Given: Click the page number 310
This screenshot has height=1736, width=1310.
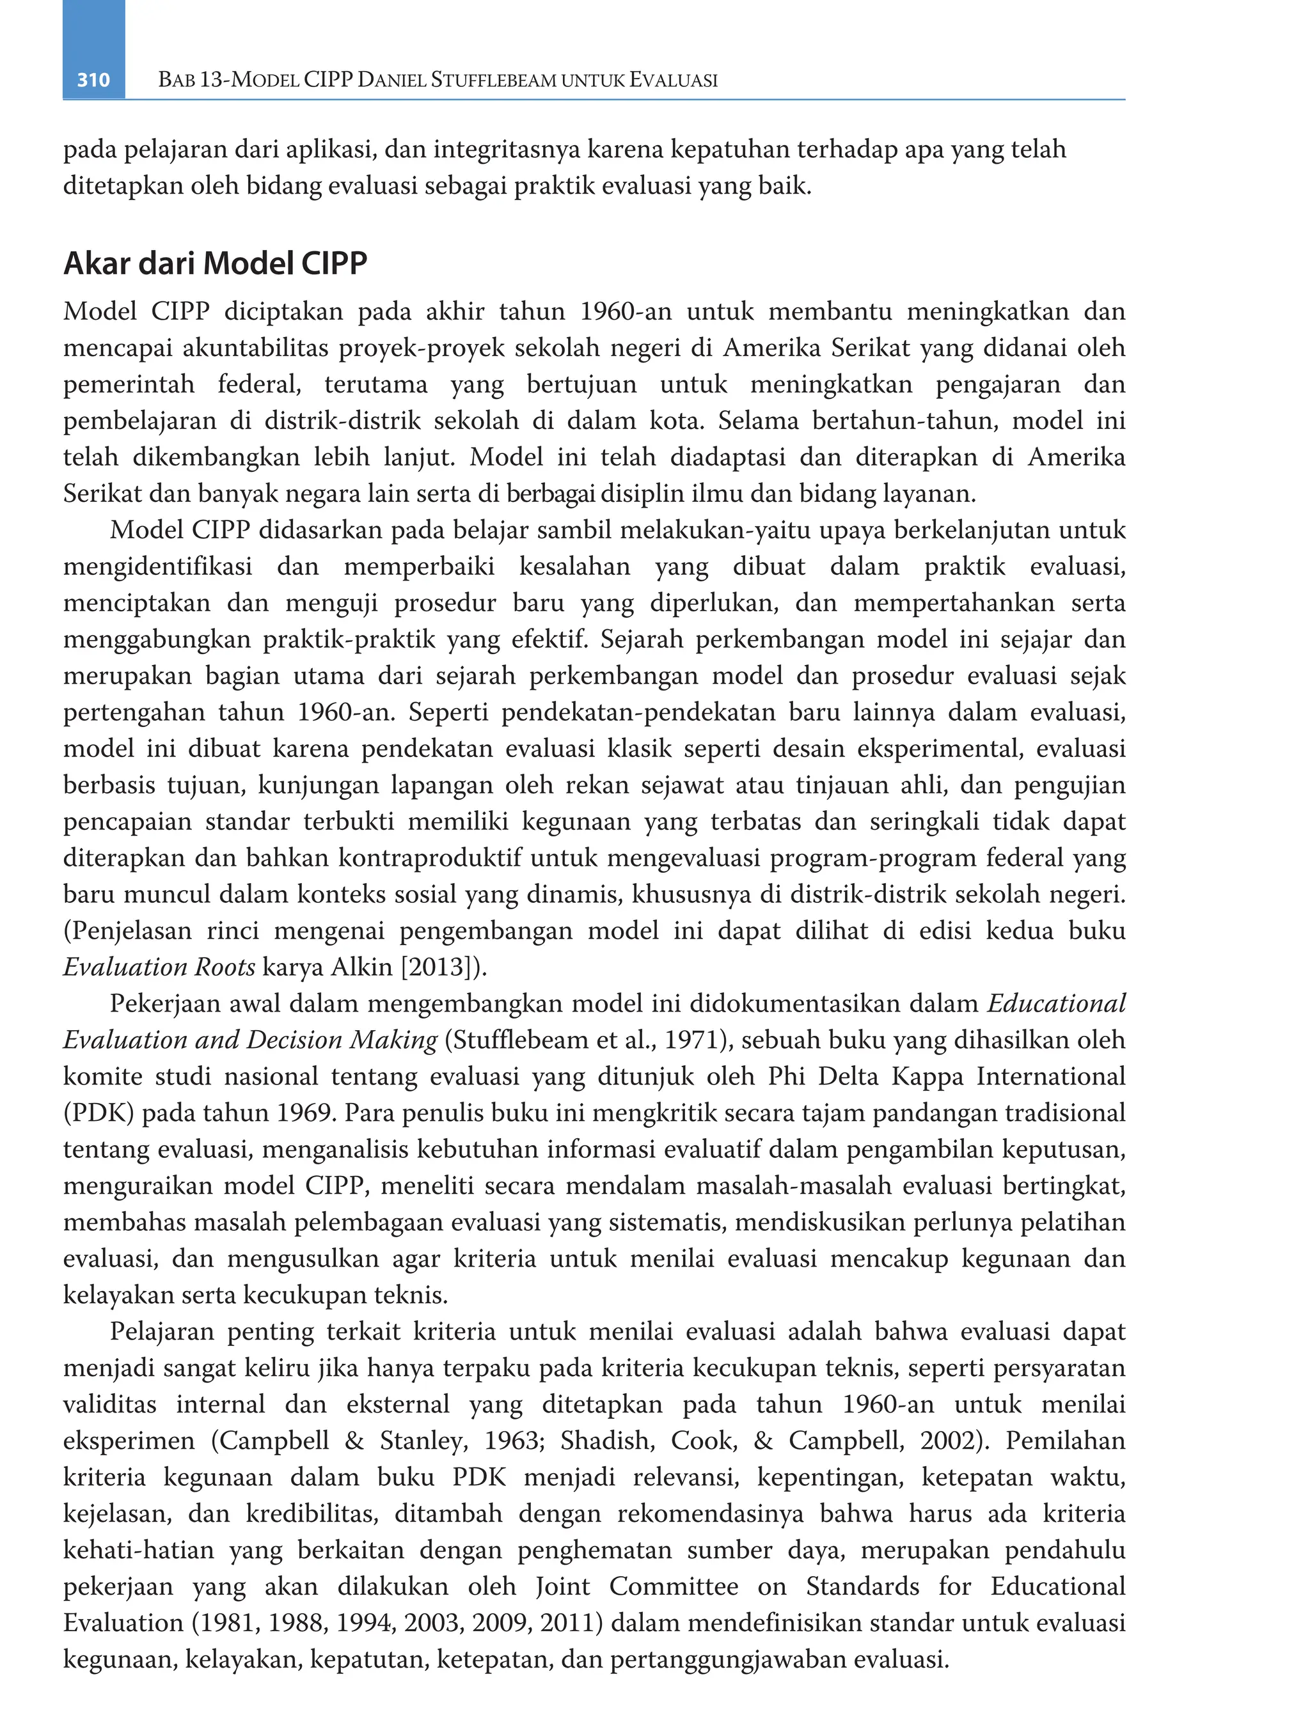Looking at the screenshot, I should tap(93, 79).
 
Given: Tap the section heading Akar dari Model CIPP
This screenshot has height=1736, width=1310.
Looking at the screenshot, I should tap(215, 263).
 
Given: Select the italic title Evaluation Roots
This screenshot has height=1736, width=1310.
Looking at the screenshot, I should tap(159, 966).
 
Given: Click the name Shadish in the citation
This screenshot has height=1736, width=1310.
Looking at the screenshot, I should tap(608, 1440).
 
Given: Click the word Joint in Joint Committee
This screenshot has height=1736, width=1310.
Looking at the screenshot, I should tap(563, 1586).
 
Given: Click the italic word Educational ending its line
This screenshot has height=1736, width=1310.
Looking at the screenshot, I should tap(1057, 1003).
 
